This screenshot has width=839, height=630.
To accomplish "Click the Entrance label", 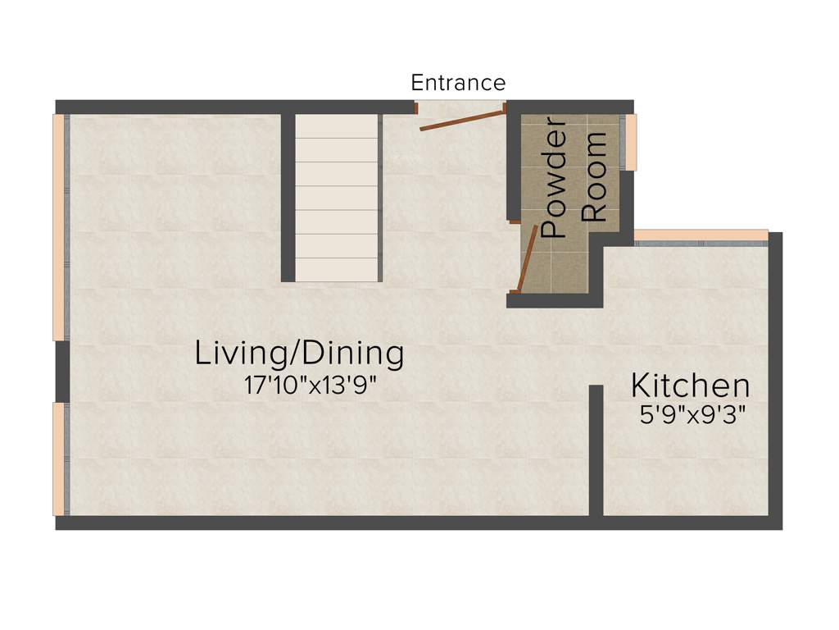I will click(x=458, y=83).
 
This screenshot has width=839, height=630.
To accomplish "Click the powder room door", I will click(x=526, y=258).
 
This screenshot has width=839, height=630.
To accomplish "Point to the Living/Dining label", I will click(x=299, y=354).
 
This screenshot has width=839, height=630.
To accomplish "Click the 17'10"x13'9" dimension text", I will click(x=310, y=385).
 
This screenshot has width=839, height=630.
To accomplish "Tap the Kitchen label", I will click(x=690, y=385).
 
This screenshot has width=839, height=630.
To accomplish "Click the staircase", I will click(x=338, y=197).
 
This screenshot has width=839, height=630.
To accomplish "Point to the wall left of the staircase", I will click(x=288, y=197).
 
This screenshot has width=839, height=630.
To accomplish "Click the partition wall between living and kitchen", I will click(x=596, y=450).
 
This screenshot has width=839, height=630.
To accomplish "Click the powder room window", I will click(x=631, y=142).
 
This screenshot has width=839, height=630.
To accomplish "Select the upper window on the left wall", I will click(x=59, y=226).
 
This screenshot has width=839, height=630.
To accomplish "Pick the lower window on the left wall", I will click(x=59, y=459).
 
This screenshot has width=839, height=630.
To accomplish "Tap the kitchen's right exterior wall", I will click(x=775, y=377).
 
